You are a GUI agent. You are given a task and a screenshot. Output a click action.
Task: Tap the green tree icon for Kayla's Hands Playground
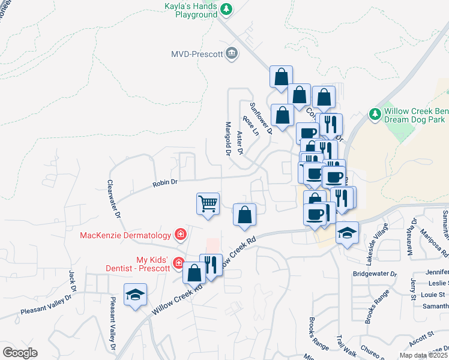[226, 9]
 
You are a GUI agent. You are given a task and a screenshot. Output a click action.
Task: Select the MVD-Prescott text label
[196, 54]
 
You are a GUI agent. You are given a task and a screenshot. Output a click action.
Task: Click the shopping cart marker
[208, 204]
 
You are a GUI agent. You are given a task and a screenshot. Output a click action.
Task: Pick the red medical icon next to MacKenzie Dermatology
[179, 234]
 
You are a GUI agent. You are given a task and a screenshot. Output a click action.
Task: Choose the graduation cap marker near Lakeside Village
[347, 233]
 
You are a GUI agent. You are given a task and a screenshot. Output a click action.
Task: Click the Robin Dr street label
[166, 181]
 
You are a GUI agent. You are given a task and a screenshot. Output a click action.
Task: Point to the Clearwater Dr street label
[114, 199]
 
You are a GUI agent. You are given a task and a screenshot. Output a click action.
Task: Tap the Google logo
[20, 353]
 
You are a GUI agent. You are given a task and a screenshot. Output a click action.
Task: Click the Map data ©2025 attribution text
[423, 355]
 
